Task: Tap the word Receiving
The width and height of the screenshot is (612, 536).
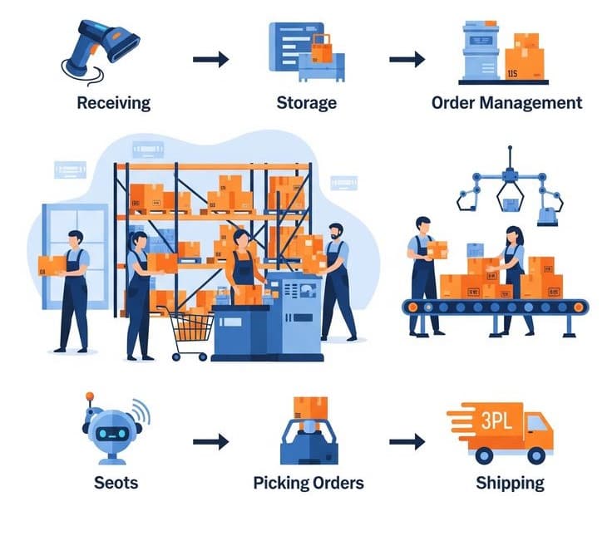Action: pyautogui.click(x=113, y=103)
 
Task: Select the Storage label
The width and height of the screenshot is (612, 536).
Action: pyautogui.click(x=307, y=103)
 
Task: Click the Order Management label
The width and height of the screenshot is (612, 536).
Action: pyautogui.click(x=506, y=103)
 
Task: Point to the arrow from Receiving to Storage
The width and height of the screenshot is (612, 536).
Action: pyautogui.click(x=210, y=59)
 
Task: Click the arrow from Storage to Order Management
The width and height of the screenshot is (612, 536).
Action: pyautogui.click(x=407, y=59)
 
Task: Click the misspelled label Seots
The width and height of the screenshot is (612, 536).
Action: pyautogui.click(x=116, y=483)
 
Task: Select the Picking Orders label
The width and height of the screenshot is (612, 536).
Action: pyautogui.click(x=308, y=483)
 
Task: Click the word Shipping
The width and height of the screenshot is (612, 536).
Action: pyautogui.click(x=510, y=483)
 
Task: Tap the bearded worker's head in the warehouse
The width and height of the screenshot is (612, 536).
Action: pyautogui.click(x=335, y=232)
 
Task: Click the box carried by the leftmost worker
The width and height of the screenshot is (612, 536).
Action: pyautogui.click(x=52, y=264)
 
